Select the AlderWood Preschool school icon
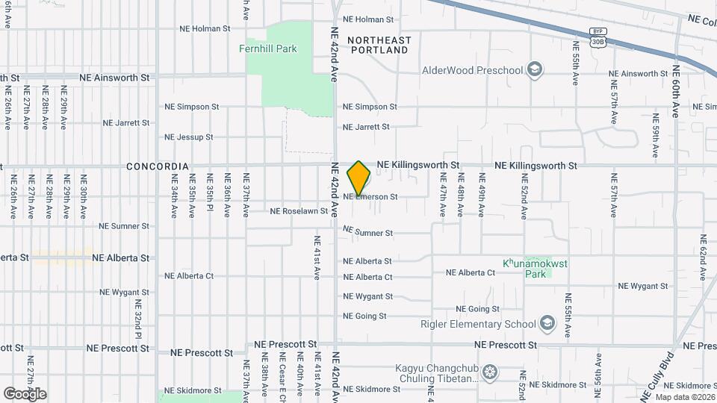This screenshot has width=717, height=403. click(534, 70)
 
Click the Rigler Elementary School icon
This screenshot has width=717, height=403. click(547, 323)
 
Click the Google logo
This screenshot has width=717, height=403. click(25, 393)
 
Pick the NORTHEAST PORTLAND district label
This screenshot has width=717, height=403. click(379, 45)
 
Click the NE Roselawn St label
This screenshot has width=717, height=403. click(299, 211)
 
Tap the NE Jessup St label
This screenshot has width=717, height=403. click(189, 137)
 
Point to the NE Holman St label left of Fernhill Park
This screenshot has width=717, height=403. click(205, 28)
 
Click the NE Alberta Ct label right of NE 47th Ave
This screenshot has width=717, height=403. click(471, 273)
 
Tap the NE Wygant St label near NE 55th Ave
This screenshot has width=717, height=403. click(643, 286)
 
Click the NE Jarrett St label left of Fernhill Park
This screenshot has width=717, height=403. click(128, 122)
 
